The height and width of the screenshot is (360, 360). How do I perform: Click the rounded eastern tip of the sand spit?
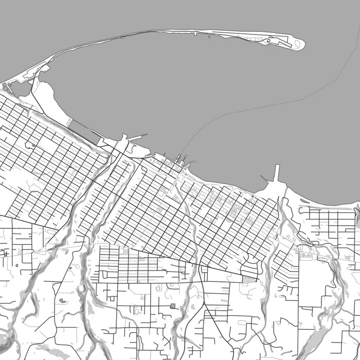coord(300,45)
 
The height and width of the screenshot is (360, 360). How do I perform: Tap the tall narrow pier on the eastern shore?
coord(277,173)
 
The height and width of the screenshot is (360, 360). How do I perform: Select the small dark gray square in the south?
coord(172,306)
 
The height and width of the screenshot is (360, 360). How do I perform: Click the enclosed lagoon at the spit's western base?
coord(20,88)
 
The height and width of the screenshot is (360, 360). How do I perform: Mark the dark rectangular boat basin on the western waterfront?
coord(79,126)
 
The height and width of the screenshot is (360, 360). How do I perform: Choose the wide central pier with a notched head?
coord(123,141)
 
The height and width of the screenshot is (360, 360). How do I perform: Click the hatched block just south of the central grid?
coord(249,279)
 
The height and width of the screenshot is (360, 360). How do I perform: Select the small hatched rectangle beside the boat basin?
coord(69,121)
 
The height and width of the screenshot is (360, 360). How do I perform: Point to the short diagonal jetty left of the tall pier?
coord(264,178)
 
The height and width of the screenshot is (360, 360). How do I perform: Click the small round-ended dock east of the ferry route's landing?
coord(193,164)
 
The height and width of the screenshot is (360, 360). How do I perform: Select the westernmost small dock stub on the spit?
coord(195,34)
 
